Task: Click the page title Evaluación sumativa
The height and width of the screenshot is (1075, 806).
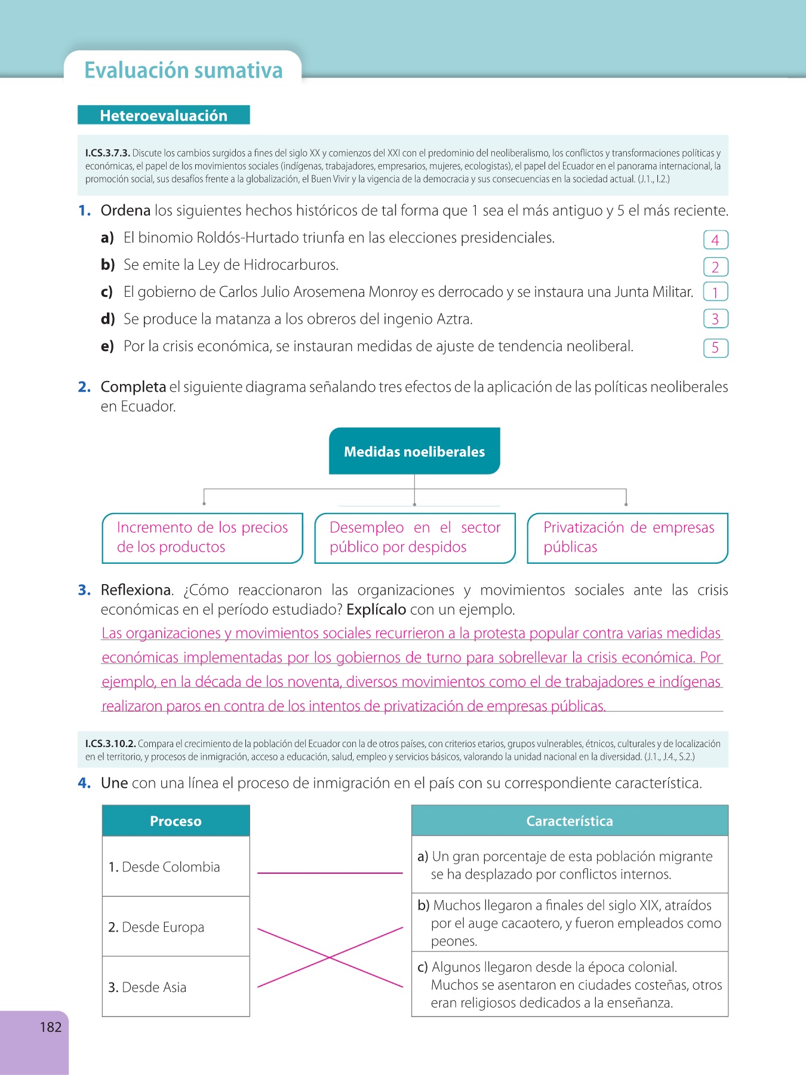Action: coord(183,70)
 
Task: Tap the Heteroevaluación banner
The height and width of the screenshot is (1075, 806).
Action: coord(164,115)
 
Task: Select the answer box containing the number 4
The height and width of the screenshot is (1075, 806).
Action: coord(715,240)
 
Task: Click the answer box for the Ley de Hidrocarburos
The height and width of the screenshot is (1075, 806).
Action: coord(715,267)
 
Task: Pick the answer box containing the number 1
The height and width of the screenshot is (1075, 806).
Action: coord(715,292)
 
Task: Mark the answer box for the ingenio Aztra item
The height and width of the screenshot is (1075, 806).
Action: coord(715,319)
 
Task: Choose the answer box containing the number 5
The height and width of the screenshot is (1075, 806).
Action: coord(715,348)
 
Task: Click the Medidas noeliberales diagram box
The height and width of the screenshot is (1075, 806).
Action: coord(414,451)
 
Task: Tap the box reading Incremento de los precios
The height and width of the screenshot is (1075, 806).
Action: coord(202,537)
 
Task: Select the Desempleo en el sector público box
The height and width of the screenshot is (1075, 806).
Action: coord(415,537)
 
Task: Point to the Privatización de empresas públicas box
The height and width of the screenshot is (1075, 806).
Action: coord(628,537)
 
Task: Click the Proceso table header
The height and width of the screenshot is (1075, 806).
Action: coord(176,821)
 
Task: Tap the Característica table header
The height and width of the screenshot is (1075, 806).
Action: coord(570,821)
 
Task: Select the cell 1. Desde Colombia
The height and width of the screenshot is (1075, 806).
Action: coord(176,867)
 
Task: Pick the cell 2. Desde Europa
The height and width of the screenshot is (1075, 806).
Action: coord(176,927)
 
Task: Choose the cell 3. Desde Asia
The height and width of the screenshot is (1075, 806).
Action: coord(176,987)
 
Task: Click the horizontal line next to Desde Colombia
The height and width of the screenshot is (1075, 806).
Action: coord(330,873)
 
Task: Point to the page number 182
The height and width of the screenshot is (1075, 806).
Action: coord(51,1027)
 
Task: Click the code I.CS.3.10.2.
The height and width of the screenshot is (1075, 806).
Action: coord(110,744)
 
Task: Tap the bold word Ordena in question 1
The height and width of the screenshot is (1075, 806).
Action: coord(125,211)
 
